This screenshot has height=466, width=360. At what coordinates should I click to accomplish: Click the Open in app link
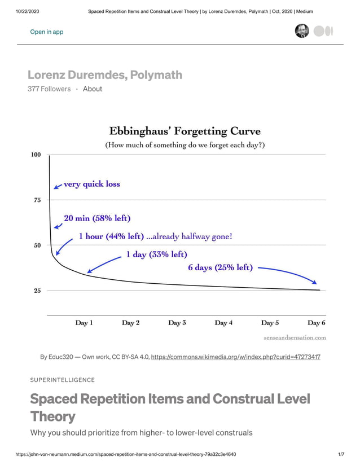[x=47, y=32]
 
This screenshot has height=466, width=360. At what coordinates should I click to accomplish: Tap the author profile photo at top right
[x=302, y=31]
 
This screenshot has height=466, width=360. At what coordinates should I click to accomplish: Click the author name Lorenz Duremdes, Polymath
[x=105, y=74]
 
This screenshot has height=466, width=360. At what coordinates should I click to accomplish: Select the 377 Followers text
[x=49, y=89]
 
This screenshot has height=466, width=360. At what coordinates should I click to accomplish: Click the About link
[x=93, y=89]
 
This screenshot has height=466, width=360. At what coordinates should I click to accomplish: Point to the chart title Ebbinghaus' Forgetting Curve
[x=185, y=131]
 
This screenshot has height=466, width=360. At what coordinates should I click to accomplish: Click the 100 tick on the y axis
[x=36, y=155]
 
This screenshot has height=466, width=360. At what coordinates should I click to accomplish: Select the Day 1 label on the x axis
[x=84, y=323]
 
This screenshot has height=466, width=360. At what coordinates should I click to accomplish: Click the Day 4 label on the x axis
[x=223, y=323]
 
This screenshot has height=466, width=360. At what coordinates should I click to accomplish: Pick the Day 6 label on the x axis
[x=317, y=323]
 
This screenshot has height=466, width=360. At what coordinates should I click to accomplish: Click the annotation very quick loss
[x=91, y=184]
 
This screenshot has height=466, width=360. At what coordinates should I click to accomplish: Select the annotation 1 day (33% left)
[x=156, y=254]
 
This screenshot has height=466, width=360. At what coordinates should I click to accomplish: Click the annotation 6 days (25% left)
[x=220, y=267]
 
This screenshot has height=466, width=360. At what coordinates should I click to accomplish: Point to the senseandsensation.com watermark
[x=295, y=337]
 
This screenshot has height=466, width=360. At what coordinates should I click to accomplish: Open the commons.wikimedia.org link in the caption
[x=236, y=357]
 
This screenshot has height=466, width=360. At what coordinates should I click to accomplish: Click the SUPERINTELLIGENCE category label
[x=62, y=380]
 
